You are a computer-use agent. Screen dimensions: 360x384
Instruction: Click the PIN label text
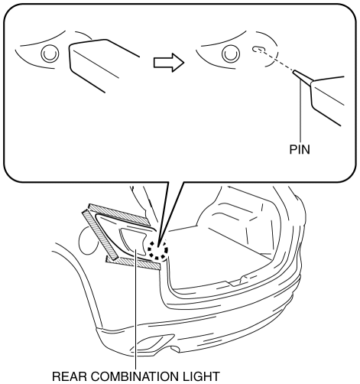tap(300, 150)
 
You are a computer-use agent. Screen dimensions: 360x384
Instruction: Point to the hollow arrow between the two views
tap(168, 62)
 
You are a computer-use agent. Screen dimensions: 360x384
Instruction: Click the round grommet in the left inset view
tap(50, 54)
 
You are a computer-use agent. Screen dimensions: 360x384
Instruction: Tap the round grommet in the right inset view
tap(231, 54)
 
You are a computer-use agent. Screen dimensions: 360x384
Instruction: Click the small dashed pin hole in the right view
tap(258, 49)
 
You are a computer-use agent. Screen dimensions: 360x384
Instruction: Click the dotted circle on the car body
tap(158, 250)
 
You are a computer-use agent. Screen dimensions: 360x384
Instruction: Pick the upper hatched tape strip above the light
tap(118, 214)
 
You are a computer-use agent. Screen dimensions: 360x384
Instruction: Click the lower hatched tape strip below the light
tap(134, 262)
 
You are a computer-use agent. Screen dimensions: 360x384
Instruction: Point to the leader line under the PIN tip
tap(301, 112)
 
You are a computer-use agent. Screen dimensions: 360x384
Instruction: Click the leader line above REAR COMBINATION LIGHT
tap(136, 309)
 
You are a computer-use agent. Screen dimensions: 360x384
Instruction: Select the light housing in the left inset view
tap(105, 65)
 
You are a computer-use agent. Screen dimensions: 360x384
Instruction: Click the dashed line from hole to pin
tap(277, 60)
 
